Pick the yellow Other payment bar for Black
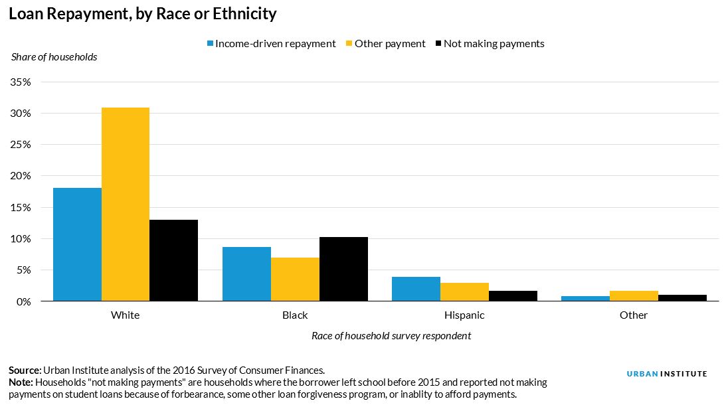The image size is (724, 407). [x=295, y=280]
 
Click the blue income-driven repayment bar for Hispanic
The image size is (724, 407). [x=416, y=289]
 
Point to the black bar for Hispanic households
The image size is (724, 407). [x=513, y=296]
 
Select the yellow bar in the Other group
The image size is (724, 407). [x=634, y=296]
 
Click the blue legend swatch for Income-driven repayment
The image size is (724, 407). [x=211, y=44]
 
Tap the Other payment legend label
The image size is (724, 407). [x=390, y=44]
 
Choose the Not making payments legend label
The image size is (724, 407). [x=494, y=44]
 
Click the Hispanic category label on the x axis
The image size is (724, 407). [x=464, y=315]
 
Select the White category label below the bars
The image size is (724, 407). [x=125, y=315]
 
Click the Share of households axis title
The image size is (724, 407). [x=54, y=57]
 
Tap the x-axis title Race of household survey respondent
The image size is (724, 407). [x=391, y=336]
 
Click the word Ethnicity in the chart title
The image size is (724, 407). [x=243, y=13]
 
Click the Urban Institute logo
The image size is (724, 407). [x=667, y=374]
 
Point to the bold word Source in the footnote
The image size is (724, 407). [x=25, y=370]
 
